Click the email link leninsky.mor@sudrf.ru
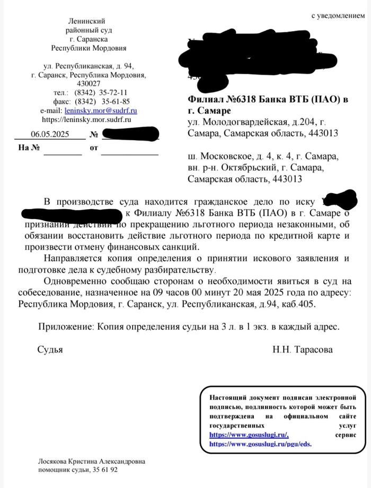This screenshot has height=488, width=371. pyautogui.click(x=100, y=111)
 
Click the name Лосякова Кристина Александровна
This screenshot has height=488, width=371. pyautogui.click(x=91, y=462)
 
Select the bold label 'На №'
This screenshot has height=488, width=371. pyautogui.click(x=29, y=147)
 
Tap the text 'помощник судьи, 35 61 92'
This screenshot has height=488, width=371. pyautogui.click(x=77, y=469)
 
